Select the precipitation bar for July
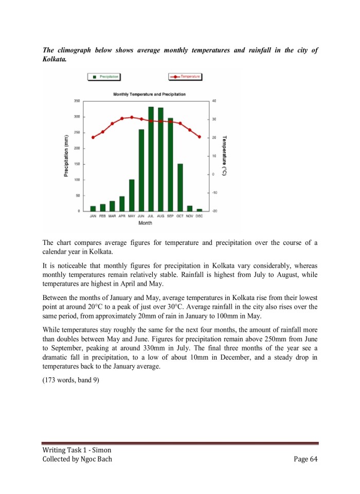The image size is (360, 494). coord(151,159)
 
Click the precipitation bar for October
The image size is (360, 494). coord(180,187)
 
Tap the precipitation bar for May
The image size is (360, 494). coord(132,195)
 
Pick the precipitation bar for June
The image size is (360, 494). coord(141,170)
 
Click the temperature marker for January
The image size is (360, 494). coord(93,137)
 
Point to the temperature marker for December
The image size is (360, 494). coord(200,137)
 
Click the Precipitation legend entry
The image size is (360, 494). coord(105,77)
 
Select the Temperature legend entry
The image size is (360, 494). coord(185,77)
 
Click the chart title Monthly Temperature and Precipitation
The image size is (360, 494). coord(149,94)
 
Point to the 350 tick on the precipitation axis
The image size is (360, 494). coord(77,101)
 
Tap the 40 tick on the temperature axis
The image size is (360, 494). coord(213,101)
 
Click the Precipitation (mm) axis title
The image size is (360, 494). coord(66,156)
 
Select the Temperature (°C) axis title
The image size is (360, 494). coord(225,156)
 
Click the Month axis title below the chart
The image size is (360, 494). coord(146,223)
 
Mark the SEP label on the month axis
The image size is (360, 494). coord(170,216)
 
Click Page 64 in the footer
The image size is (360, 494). coord(305,459)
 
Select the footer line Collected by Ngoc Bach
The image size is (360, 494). coord(77,459)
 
